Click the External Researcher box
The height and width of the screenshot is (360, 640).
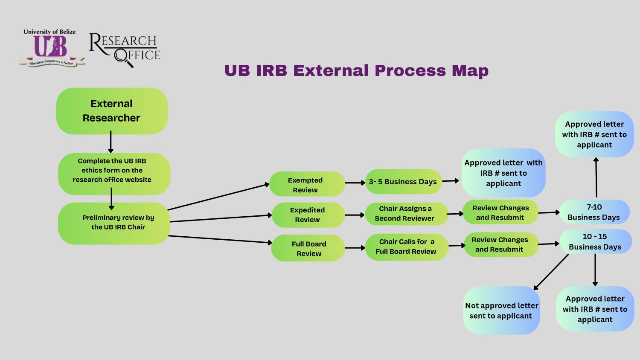[x=112, y=111]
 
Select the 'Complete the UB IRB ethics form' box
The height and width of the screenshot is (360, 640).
[x=114, y=171]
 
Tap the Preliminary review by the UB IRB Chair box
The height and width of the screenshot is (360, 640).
[x=114, y=223]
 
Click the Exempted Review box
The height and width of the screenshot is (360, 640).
[x=306, y=185]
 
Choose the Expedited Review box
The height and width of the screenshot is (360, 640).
[x=308, y=215]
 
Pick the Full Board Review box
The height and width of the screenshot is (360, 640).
[x=308, y=248]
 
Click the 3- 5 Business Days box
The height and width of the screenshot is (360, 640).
[x=403, y=182]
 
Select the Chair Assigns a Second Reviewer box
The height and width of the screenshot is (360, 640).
[x=406, y=214]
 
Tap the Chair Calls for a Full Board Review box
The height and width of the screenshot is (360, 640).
[x=406, y=247]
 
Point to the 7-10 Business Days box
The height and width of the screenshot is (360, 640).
[x=594, y=212]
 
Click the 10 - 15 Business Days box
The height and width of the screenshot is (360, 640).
[x=595, y=241]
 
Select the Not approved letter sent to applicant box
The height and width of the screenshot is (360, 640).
[x=501, y=311]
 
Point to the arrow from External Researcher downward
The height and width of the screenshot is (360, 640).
[x=111, y=142]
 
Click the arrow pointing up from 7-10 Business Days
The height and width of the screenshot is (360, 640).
[x=596, y=177]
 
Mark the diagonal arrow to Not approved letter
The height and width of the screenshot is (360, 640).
[x=551, y=272]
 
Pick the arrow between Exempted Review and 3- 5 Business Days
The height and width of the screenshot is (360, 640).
[x=355, y=183]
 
